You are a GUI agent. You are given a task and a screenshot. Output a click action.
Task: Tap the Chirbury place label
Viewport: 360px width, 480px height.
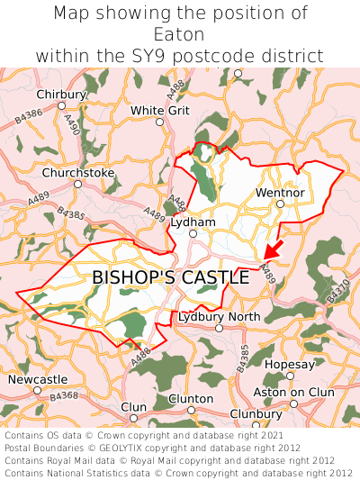coord(61,95)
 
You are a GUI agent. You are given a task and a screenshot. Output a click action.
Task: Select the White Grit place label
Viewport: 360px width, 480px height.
coord(160,111)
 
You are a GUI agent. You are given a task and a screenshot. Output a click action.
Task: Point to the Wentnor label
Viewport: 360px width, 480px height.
coord(280,193)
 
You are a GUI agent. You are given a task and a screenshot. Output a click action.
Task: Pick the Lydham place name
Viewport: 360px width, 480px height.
coord(193,222)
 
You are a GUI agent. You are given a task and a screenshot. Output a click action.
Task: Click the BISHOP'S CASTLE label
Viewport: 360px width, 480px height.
coord(170,278)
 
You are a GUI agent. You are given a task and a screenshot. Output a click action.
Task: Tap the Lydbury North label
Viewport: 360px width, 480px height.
coord(219,317)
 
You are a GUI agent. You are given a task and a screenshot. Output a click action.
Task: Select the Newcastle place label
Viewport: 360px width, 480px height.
coord(37,379)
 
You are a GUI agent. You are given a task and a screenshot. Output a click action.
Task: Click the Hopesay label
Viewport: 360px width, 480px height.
coord(290,365)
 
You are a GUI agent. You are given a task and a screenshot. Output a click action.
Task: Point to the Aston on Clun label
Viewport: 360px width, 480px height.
coord(293,393)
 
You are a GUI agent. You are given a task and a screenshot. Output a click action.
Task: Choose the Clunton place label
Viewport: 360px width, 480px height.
coord(191,398)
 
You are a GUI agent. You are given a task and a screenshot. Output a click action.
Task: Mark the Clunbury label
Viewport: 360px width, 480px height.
coord(256,413)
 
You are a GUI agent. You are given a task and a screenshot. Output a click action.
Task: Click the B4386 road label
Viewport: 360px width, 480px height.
coord(29,113)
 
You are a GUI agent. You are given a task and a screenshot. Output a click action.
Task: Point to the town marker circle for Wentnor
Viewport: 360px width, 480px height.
coord(280,204)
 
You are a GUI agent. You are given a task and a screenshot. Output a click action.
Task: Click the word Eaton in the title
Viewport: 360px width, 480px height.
coord(180,34)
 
